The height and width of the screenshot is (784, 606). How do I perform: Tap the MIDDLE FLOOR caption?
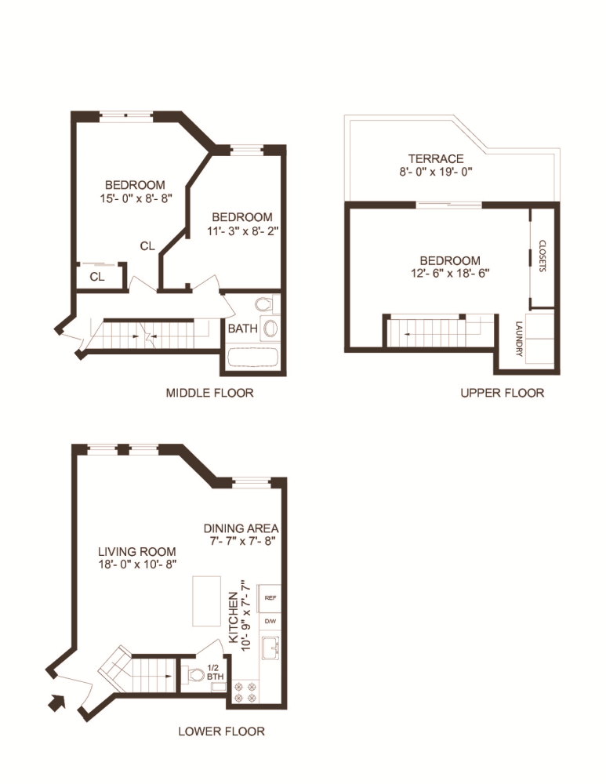pyautogui.click(x=209, y=393)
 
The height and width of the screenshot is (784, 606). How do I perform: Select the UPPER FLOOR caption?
pyautogui.click(x=502, y=393)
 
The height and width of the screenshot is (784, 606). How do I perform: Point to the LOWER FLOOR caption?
pyautogui.click(x=221, y=731)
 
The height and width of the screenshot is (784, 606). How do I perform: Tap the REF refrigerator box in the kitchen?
pyautogui.click(x=270, y=597)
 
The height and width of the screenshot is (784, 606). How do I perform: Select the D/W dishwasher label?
pyautogui.click(x=270, y=621)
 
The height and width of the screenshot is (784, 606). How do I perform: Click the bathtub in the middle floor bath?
pyautogui.click(x=253, y=359)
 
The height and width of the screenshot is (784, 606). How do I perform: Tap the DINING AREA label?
pyautogui.click(x=241, y=528)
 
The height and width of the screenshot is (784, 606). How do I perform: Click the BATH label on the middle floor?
pyautogui.click(x=242, y=328)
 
